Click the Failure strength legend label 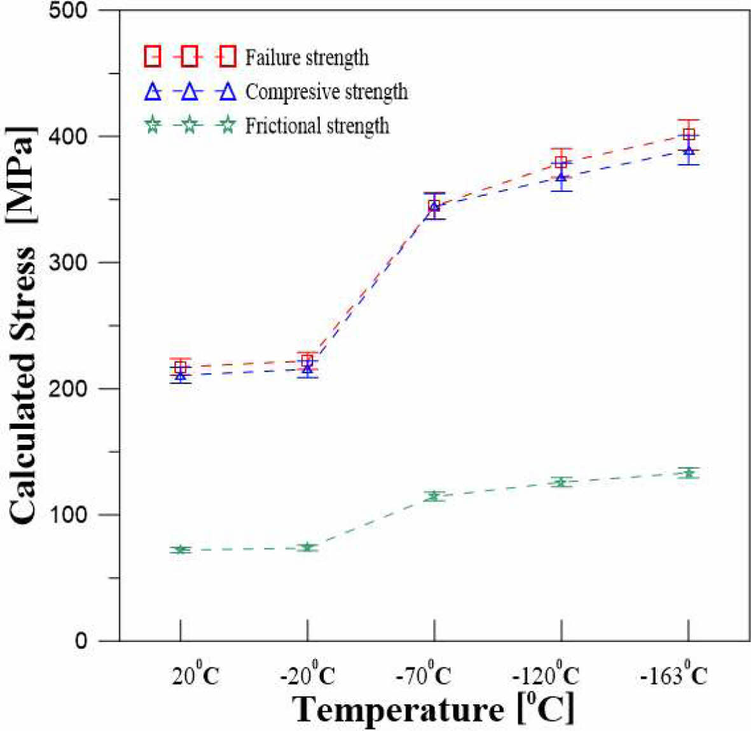[x=307, y=57]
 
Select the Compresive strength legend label [x=326, y=92]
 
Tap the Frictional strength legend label [x=317, y=126]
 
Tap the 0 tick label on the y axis [x=81, y=641]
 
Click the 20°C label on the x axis [x=195, y=675]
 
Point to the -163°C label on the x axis [x=673, y=675]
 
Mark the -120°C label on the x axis [x=546, y=675]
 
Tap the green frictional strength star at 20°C [x=181, y=550]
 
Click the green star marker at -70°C [x=434, y=496]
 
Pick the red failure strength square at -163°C [x=689, y=134]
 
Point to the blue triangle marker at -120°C [x=562, y=177]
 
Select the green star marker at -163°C [x=689, y=473]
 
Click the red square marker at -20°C [x=308, y=360]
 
